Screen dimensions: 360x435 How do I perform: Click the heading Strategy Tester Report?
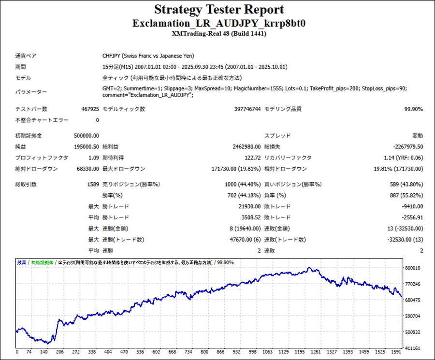[219, 10]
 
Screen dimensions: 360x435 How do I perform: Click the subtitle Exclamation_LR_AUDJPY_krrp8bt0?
[219, 23]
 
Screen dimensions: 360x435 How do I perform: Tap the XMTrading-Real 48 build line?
[219, 34]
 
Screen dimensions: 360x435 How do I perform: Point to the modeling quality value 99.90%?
[413, 109]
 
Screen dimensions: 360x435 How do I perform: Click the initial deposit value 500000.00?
[83, 136]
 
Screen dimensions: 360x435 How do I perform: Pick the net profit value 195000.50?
[83, 146]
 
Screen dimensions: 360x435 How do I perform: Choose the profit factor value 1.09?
[93, 158]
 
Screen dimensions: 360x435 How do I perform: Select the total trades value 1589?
[92, 184]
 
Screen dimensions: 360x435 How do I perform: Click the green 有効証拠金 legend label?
[42, 262]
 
